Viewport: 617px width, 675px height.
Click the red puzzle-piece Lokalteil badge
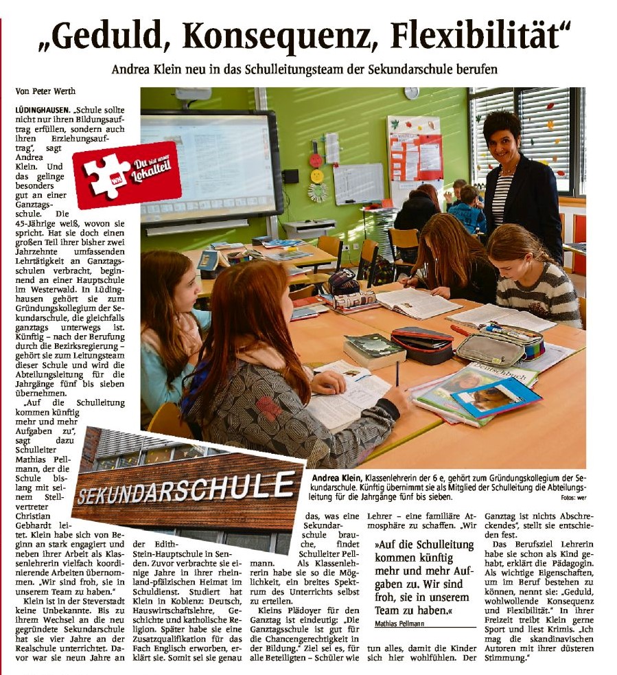point(127,174)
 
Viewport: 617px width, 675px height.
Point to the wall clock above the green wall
point(411,93)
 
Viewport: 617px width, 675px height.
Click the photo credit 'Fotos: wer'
point(571,497)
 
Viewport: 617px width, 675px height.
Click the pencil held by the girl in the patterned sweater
point(397,374)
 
